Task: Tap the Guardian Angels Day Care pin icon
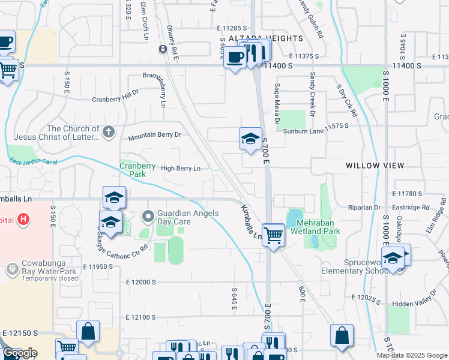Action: (x=148, y=216)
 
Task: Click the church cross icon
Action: (x=108, y=131)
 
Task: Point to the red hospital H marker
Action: (x=23, y=220)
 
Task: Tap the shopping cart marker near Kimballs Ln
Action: (x=273, y=234)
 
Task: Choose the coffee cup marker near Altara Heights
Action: (x=235, y=57)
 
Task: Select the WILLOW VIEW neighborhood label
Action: (x=371, y=165)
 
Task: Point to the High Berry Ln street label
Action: (x=180, y=169)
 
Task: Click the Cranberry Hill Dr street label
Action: (x=115, y=100)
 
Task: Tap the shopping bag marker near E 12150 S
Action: (x=88, y=331)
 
